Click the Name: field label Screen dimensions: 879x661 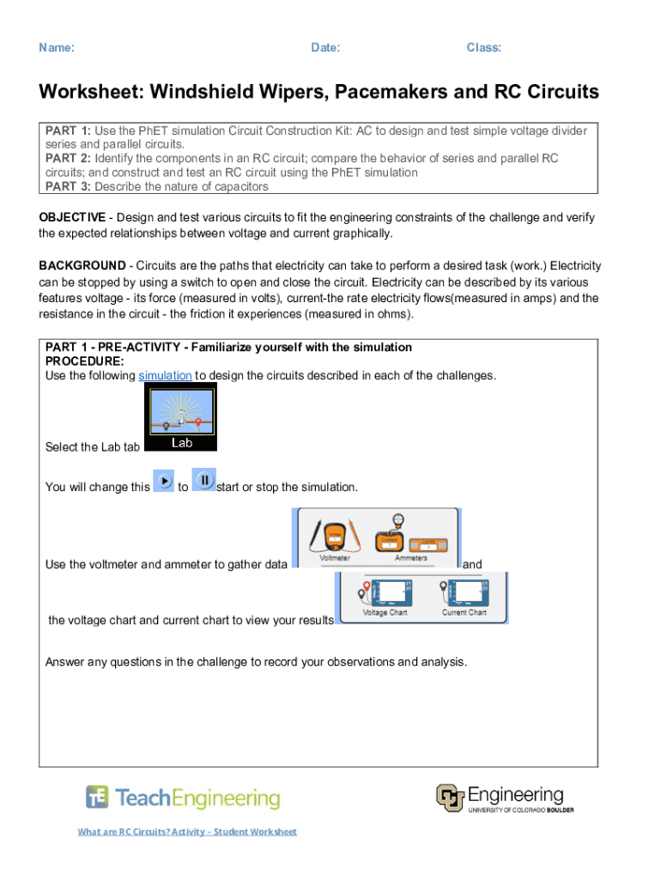pos(57,48)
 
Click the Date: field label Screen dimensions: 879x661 pos(325,48)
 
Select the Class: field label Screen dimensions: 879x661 pos(483,48)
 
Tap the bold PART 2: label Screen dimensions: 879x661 pos(68,159)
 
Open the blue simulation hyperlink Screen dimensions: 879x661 pos(165,376)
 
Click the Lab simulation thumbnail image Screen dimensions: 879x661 pos(181,417)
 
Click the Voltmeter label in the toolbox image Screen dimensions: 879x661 pos(335,558)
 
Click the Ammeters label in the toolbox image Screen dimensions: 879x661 pos(410,558)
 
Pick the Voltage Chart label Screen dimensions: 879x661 pos(385,613)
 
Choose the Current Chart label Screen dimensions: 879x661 pos(464,613)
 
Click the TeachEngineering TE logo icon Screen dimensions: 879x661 pos(97,797)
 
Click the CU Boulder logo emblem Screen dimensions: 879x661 pos(450,798)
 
